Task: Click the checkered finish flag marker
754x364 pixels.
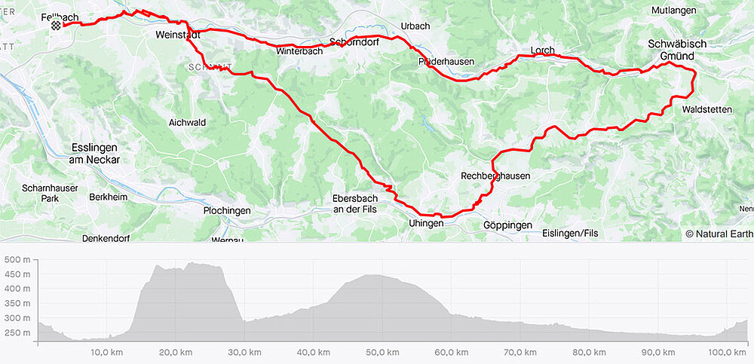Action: (x=56, y=26)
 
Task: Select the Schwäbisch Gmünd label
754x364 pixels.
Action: (x=677, y=50)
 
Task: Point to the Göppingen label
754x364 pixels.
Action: (x=507, y=225)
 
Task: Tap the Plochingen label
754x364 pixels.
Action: (x=226, y=211)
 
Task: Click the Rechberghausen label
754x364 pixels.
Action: (x=495, y=176)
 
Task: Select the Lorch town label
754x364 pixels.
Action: (x=542, y=51)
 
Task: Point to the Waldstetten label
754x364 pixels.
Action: (x=706, y=110)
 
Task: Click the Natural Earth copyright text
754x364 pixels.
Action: (x=719, y=234)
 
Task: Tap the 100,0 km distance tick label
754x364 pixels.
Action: (x=728, y=353)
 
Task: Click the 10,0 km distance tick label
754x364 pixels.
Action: (x=107, y=353)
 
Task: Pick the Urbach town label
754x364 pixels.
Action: (x=415, y=26)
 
